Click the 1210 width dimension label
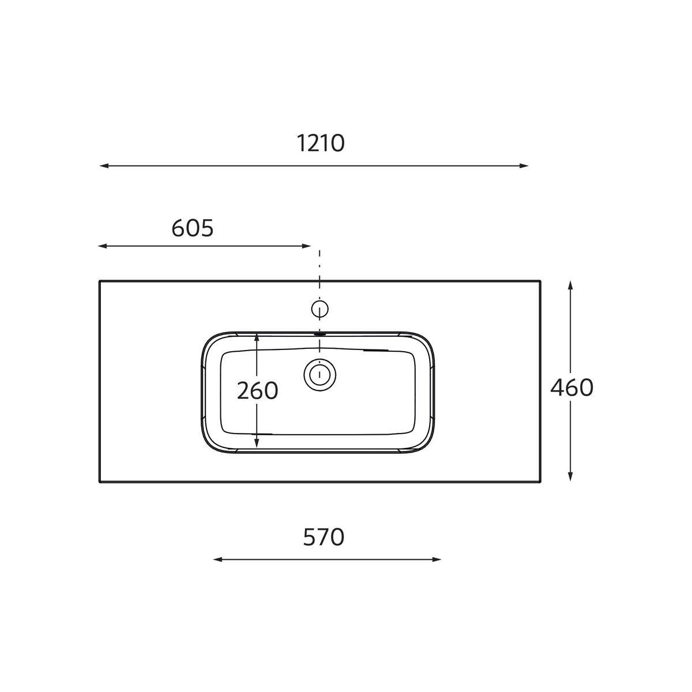320,143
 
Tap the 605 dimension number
193,228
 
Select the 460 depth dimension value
571,388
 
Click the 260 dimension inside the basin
257,390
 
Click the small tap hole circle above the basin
319,309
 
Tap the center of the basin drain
319,375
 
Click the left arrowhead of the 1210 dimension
104,166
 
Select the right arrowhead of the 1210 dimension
524,166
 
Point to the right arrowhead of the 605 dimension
306,246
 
